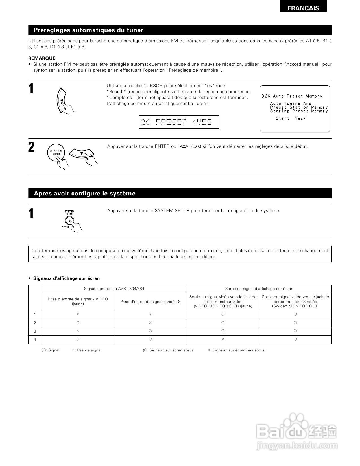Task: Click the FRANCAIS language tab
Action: coord(303,8)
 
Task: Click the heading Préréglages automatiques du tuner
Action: coord(88,30)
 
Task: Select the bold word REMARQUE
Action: coord(42,58)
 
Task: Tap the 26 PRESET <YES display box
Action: coord(179,122)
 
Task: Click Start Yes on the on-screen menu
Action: coord(291,118)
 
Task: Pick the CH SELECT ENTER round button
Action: coord(56,153)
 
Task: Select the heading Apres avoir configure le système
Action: coord(85,194)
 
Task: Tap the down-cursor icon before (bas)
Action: coord(184,146)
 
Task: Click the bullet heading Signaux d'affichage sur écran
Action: coord(66,278)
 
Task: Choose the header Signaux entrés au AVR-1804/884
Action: coord(114,289)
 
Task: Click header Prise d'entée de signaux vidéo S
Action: coord(150,302)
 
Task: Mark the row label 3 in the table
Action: coord(35,331)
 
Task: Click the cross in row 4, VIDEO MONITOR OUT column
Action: coord(223,339)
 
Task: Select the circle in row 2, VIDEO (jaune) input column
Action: coord(78,323)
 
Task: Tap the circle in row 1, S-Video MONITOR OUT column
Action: coord(295,314)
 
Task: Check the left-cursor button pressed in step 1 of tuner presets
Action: coord(61,100)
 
